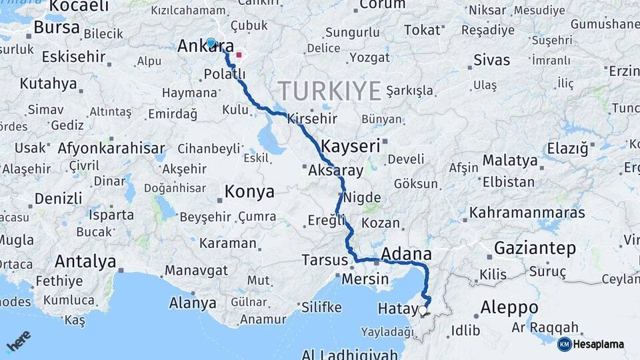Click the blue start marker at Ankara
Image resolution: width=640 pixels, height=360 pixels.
[x=211, y=43]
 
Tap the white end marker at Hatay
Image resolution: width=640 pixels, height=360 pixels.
[x=423, y=310]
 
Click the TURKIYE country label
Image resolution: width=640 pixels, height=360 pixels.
[x=330, y=90]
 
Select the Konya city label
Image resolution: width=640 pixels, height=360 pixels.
[x=250, y=192]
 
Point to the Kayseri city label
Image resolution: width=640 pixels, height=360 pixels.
[x=350, y=146]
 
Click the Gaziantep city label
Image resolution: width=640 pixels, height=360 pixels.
[x=535, y=249]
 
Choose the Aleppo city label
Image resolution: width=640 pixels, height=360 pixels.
[x=509, y=307]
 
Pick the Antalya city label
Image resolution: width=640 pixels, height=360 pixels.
[x=85, y=261]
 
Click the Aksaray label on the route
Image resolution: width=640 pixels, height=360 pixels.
[x=336, y=171]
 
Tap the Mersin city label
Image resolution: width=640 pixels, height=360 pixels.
[x=365, y=279]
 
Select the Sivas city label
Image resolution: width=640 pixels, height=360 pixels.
[x=491, y=60]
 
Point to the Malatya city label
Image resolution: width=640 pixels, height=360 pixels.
[x=509, y=161]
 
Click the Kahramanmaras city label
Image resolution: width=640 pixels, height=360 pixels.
[x=527, y=213]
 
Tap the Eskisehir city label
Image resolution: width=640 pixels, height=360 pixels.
[x=73, y=57]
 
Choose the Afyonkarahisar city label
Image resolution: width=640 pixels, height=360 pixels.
[x=111, y=148]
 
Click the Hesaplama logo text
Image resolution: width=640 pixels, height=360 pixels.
[x=598, y=344]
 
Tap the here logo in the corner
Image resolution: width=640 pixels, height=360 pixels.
[x=19, y=341]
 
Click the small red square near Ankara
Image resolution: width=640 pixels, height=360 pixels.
[x=239, y=55]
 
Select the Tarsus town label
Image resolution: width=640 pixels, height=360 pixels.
[x=325, y=259]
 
